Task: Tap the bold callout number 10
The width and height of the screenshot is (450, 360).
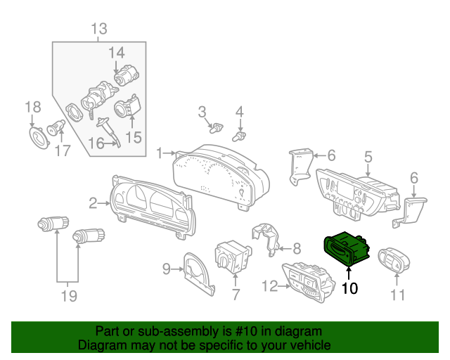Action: (x=349, y=288)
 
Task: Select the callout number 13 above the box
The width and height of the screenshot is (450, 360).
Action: (x=99, y=29)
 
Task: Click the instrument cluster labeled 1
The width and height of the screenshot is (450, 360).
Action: (x=221, y=176)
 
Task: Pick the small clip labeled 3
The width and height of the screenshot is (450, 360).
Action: (x=217, y=128)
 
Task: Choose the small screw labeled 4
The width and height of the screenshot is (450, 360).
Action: (x=239, y=136)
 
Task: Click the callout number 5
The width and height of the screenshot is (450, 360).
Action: (x=368, y=157)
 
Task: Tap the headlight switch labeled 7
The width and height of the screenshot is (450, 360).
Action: (x=233, y=257)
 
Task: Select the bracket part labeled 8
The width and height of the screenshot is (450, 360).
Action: (x=266, y=239)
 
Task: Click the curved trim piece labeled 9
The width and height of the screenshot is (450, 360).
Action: (x=198, y=274)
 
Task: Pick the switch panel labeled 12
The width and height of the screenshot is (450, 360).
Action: (x=309, y=282)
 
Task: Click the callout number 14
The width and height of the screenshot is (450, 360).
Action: (x=116, y=53)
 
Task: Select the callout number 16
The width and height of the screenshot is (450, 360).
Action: (x=96, y=143)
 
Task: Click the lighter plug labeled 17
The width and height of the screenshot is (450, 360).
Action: (x=56, y=127)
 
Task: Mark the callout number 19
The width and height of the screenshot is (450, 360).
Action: (x=69, y=296)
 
